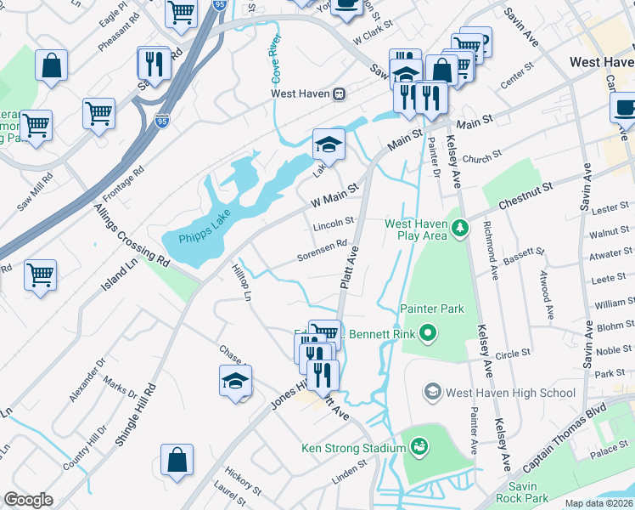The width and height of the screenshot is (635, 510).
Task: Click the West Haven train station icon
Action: [339, 94]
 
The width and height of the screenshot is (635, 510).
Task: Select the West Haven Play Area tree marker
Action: [459, 227]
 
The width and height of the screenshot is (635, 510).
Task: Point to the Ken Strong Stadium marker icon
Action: [418, 445]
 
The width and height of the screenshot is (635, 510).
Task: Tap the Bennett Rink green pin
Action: [429, 334]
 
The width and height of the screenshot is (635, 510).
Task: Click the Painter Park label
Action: [432, 309]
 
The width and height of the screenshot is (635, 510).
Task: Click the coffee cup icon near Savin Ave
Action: [624, 108]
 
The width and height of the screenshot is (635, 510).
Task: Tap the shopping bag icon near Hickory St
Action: [177, 460]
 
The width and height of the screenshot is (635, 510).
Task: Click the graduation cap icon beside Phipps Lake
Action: [329, 144]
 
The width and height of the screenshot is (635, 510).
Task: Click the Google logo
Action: [28, 501]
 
